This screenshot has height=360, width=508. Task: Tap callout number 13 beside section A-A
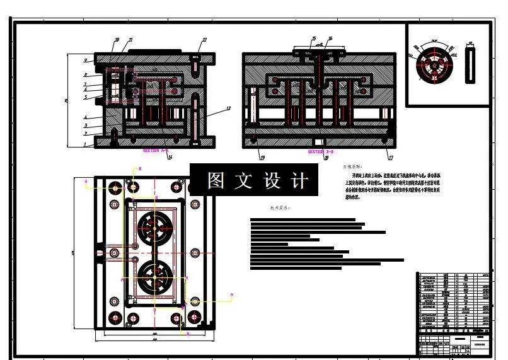pyautogui.click(x=228, y=109)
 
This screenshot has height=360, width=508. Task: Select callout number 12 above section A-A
pyautogui.click(x=204, y=40)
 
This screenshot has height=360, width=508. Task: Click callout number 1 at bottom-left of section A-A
pyautogui.click(x=84, y=144)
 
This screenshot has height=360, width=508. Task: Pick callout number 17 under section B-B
pyautogui.click(x=391, y=158)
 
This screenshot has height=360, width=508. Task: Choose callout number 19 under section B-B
pyautogui.click(x=262, y=158)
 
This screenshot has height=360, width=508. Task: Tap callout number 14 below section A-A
pyautogui.click(x=170, y=157)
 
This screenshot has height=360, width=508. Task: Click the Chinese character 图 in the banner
pyautogui.click(x=216, y=181)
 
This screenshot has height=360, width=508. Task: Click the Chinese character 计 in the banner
pyautogui.click(x=299, y=181)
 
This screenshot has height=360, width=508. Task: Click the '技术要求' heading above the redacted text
pyautogui.click(x=279, y=207)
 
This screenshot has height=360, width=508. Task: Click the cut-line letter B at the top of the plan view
pyautogui.click(x=139, y=169)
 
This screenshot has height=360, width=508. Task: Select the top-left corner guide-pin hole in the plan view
pyautogui.click(x=115, y=188)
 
